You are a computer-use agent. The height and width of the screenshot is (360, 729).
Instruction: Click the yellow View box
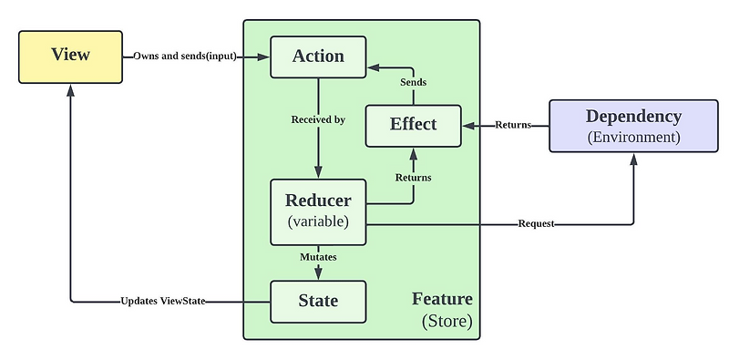71,56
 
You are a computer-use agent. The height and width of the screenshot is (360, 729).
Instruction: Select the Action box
318,57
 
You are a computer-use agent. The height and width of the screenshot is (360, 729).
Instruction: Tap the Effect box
414,125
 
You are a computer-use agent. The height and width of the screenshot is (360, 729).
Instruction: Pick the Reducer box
318,211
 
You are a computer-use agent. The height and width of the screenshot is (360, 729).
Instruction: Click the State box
318,301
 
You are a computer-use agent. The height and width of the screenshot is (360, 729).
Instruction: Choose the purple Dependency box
633,126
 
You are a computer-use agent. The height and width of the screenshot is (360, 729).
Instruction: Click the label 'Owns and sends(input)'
186,57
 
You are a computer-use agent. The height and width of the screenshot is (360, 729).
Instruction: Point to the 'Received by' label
318,119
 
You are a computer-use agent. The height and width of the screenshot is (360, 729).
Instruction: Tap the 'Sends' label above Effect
414,82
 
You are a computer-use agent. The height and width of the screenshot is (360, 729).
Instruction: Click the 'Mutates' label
318,258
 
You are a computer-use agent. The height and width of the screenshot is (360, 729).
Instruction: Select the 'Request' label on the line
536,223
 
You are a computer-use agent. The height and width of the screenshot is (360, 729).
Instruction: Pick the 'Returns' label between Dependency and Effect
513,125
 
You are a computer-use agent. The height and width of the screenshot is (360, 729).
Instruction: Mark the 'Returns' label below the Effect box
414,177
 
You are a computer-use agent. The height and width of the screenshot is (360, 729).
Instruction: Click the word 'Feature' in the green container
442,299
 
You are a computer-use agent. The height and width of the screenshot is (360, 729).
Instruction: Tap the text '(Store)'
447,321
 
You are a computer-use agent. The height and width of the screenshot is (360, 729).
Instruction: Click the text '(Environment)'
633,137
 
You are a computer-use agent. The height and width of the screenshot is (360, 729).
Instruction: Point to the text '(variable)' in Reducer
318,221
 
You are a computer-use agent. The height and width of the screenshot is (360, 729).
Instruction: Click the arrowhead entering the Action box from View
265,57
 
